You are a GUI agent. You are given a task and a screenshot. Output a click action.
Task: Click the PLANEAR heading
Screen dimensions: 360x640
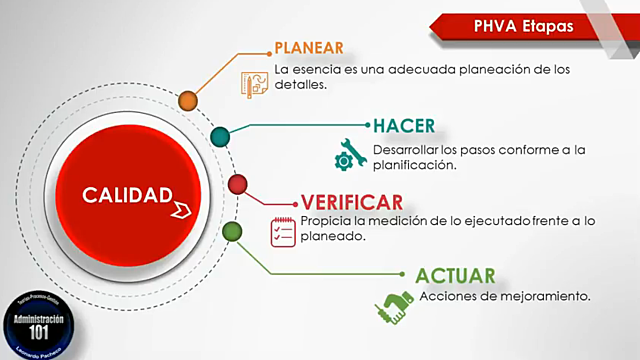coord(309,48)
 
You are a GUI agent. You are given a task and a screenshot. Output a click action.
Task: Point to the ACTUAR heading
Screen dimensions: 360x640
coord(456,275)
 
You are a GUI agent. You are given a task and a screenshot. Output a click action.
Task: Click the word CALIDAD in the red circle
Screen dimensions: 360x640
coord(127,194)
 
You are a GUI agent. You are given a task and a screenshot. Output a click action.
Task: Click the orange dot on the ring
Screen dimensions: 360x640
coord(187,100)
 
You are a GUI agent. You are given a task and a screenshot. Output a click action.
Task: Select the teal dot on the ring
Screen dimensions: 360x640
coord(221,136)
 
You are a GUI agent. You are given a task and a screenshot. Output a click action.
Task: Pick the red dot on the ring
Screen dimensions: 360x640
coord(238,185)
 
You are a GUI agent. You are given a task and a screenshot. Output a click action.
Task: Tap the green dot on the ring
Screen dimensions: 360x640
coord(232,231)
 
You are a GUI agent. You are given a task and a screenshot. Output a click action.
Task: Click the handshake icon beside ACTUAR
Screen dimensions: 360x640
coord(393,306)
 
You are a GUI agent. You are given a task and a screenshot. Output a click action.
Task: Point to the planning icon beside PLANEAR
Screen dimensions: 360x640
coord(254,82)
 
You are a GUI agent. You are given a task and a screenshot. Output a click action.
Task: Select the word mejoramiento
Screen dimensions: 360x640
coord(549,297)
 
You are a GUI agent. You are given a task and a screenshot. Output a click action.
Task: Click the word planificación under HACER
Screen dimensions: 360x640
coord(413,166)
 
